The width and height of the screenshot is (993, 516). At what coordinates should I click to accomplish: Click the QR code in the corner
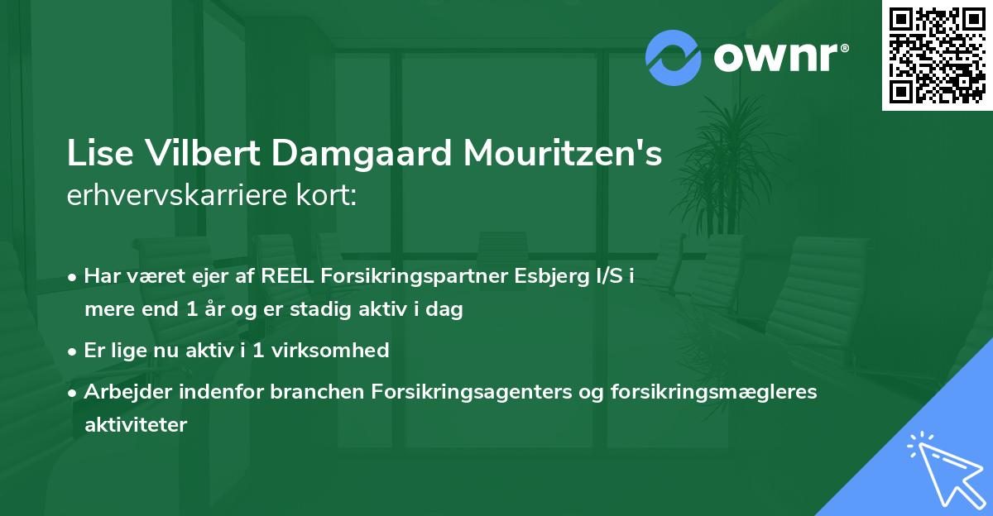click(938, 55)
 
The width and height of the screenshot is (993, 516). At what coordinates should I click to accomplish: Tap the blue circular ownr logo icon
click(674, 57)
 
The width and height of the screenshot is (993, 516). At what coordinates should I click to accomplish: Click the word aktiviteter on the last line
click(136, 425)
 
